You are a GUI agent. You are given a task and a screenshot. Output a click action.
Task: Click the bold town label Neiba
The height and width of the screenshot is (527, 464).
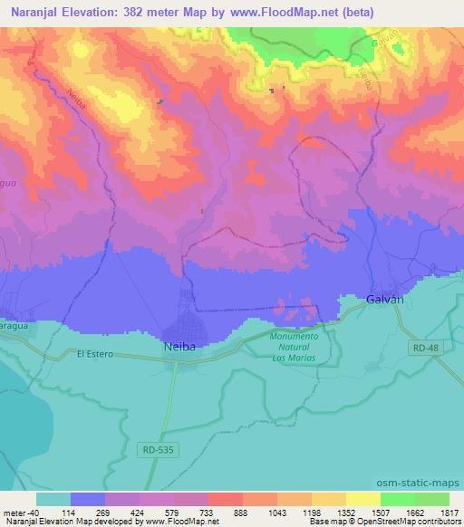[179, 346]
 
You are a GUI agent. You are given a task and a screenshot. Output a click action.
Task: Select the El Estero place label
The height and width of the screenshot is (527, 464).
[95, 354]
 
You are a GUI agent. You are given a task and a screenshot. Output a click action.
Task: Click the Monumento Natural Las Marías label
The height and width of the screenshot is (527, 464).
[295, 345]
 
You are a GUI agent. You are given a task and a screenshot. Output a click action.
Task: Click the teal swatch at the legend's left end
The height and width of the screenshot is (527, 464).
[53, 499]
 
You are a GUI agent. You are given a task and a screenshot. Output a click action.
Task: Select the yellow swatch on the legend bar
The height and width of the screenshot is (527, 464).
[362, 499]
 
